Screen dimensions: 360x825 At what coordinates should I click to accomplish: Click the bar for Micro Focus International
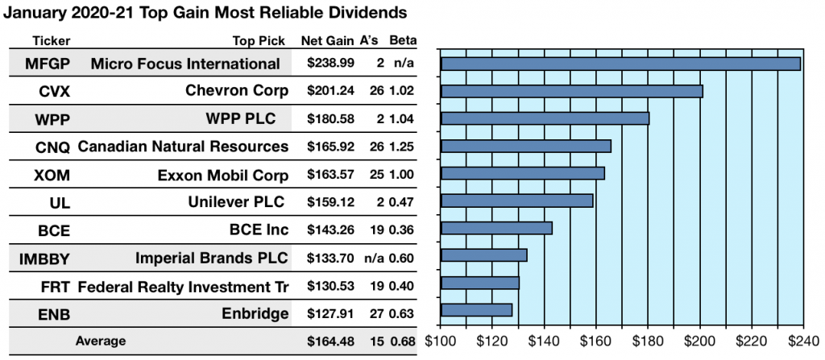pyautogui.click(x=620, y=64)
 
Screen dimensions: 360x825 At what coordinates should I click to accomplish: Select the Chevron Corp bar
pyautogui.click(x=572, y=91)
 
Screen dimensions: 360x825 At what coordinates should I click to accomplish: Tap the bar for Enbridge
pyautogui.click(x=476, y=309)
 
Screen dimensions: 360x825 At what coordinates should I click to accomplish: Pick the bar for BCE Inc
pyautogui.click(x=496, y=228)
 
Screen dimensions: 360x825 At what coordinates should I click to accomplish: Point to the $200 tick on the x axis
pyautogui.click(x=699, y=341)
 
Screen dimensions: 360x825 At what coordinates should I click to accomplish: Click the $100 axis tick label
pyautogui.click(x=442, y=341)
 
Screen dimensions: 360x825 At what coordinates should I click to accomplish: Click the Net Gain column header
pyautogui.click(x=325, y=40)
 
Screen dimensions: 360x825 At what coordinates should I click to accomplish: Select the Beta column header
pyautogui.click(x=402, y=40)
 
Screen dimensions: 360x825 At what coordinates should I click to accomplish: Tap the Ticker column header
pyautogui.click(x=52, y=40)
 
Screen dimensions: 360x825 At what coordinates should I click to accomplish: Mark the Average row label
pyautogui.click(x=101, y=341)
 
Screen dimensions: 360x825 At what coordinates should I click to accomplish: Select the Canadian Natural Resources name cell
pyautogui.click(x=183, y=146)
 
